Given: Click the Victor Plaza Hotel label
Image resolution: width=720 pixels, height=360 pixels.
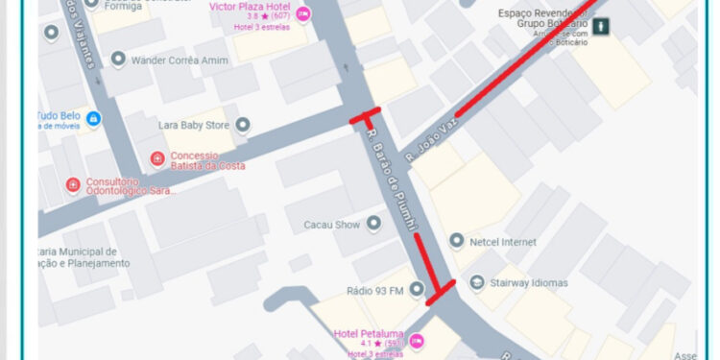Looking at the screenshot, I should tap(247, 6).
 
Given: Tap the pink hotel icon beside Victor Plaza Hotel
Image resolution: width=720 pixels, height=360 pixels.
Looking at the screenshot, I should tap(303, 13).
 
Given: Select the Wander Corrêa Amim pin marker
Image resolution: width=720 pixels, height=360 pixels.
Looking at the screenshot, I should tap(118, 60).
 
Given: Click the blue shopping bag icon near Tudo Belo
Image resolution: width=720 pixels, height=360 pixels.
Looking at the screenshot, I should tap(93, 119).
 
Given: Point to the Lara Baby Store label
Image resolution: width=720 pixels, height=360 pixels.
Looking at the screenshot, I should tap(194, 125).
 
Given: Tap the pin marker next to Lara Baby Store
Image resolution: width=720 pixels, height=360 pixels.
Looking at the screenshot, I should tap(242, 125).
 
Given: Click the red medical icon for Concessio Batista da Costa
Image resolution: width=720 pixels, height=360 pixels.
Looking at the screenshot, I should tap(157, 157).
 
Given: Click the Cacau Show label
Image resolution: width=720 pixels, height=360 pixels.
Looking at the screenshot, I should tap(331, 225).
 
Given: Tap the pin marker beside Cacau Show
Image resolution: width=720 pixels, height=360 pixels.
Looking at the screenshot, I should tap(373, 224).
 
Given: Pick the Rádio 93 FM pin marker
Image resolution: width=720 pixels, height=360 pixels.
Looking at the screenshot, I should tap(416, 289).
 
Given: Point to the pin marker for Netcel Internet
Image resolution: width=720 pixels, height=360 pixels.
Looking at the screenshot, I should tap(457, 240).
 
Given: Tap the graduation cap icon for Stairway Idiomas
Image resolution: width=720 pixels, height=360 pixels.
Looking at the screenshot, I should tap(477, 282).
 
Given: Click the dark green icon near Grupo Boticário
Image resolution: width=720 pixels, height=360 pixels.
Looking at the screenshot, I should tap(601, 27).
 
